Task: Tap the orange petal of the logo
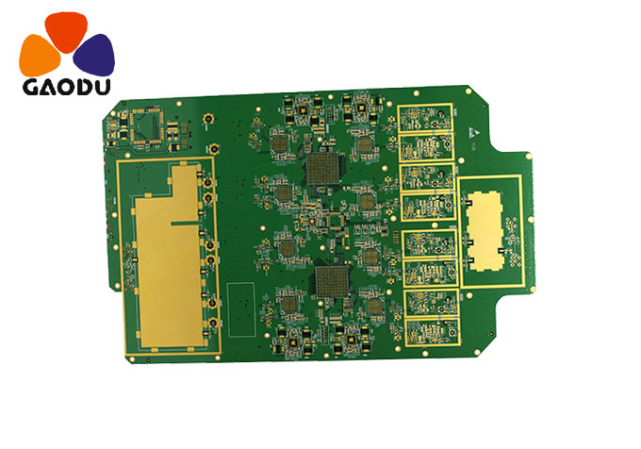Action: [39, 54]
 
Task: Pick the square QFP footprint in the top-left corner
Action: [147, 125]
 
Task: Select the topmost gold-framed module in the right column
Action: [426, 119]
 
